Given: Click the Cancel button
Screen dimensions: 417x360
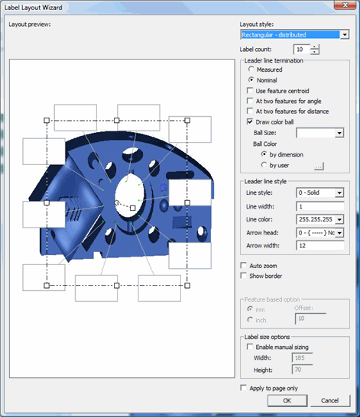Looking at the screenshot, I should point(330,401).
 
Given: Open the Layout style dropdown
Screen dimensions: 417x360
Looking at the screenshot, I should point(345,34).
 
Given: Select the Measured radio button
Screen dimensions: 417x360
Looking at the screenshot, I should point(251,69).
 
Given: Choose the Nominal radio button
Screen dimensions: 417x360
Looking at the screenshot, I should point(251,79).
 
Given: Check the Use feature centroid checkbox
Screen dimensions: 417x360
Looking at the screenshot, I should point(250,90).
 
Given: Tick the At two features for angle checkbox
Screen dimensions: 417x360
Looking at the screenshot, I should point(250,100).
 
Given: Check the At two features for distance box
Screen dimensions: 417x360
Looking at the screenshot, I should point(250,111).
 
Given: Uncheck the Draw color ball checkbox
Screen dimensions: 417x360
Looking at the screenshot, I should point(250,121).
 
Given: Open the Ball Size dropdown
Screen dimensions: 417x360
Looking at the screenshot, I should point(339,133).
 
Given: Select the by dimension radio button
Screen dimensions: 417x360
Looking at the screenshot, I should point(264,154).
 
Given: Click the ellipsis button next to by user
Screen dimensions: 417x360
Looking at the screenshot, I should point(319,164).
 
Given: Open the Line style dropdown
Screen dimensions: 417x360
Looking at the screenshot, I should point(339,193).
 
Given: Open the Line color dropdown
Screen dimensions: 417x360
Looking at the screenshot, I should point(339,219).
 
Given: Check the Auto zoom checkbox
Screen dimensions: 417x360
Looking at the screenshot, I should point(244,265).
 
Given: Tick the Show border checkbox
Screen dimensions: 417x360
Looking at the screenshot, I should point(244,275).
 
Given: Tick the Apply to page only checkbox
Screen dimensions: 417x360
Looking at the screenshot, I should point(244,388).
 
